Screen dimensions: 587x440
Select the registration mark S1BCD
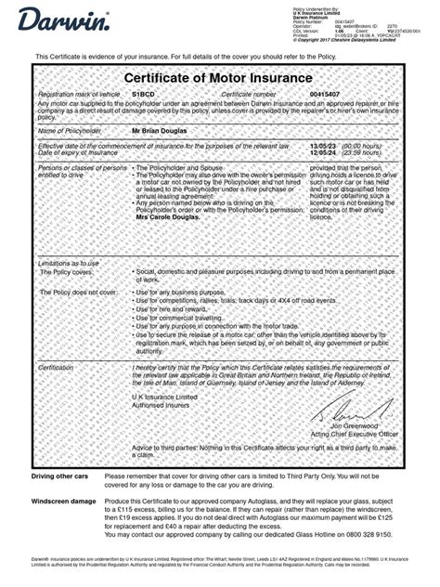tap(143, 95)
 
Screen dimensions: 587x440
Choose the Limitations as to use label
tap(63, 264)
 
